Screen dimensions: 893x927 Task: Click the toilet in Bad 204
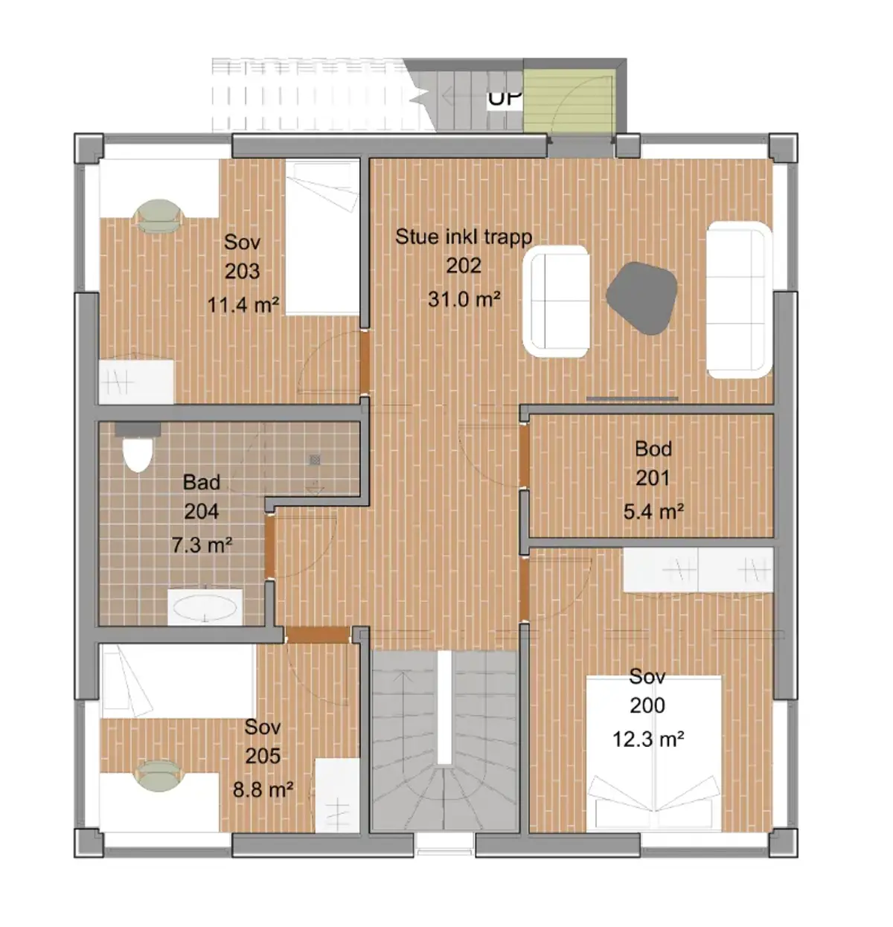[138, 447]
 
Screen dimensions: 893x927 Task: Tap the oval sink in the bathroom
[205, 608]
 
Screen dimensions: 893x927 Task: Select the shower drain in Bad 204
[315, 460]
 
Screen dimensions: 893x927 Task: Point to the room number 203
[242, 271]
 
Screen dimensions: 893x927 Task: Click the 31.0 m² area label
[464, 299]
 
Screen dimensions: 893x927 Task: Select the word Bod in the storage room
[653, 449]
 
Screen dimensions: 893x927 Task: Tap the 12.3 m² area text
[648, 740]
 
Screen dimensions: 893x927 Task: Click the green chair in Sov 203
[159, 216]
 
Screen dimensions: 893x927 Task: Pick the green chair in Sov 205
[160, 777]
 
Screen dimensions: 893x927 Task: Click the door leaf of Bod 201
[524, 456]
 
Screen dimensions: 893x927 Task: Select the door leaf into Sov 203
[365, 362]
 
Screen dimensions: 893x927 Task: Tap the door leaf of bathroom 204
[269, 546]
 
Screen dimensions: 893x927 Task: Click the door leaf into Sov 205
[319, 635]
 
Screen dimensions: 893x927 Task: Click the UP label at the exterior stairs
[504, 99]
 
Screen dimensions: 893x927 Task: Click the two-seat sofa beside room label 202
[556, 301]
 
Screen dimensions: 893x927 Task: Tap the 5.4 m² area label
[654, 512]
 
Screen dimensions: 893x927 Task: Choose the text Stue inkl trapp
[464, 237]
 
